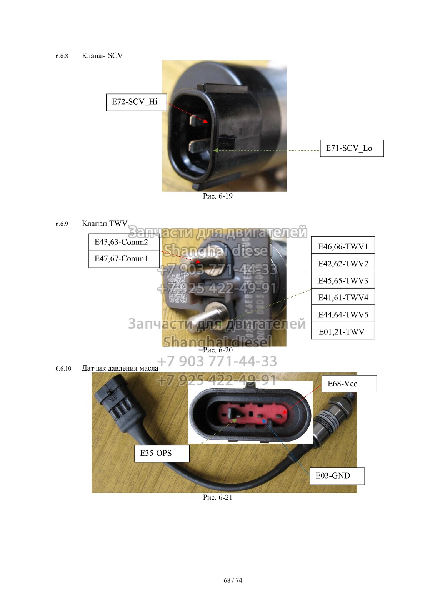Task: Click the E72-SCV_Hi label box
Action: (136, 102)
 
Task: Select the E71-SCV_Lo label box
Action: (352, 148)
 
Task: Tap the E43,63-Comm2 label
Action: (124, 242)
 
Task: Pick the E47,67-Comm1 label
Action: (124, 259)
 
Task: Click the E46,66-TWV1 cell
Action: (343, 245)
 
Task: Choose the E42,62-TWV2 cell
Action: (343, 263)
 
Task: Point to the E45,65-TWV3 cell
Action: (343, 280)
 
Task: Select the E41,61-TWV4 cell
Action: (343, 296)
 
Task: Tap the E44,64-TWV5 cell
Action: (343, 314)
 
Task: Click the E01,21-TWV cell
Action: (343, 331)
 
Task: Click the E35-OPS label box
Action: (162, 453)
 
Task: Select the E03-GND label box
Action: (337, 476)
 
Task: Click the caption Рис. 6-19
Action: (218, 196)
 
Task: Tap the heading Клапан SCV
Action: (102, 55)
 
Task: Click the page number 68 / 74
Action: (233, 580)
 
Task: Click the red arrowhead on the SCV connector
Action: (205, 121)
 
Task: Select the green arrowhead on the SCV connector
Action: (216, 150)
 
